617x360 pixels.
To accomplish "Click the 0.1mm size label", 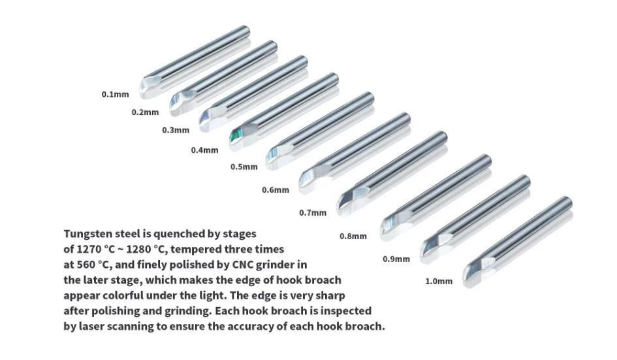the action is (116, 95).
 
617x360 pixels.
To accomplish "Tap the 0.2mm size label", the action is (145, 112).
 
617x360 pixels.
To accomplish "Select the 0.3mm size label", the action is (176, 130).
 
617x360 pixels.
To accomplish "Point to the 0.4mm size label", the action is (204, 150).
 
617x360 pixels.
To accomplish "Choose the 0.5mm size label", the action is (244, 167).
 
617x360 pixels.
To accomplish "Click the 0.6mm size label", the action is (276, 190).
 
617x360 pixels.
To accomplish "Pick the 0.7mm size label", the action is (313, 213).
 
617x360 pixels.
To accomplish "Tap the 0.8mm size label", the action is (353, 237).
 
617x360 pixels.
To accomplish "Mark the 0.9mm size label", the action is (396, 259).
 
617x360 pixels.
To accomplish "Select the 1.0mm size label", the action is (439, 281).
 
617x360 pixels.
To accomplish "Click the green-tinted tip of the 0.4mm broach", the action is (235, 136).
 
